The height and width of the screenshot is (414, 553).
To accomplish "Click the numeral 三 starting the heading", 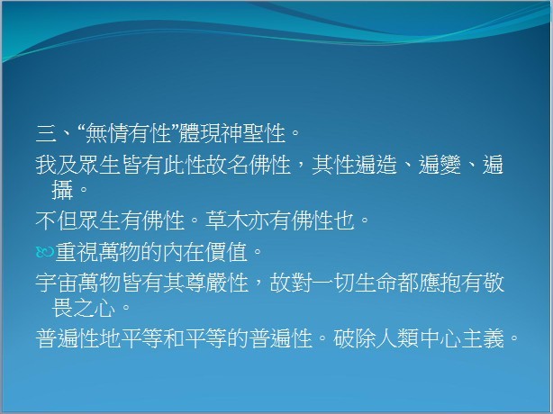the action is point(46,133).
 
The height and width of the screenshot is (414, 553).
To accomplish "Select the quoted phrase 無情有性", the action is point(129,133).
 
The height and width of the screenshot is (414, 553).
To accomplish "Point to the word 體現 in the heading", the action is point(200,133).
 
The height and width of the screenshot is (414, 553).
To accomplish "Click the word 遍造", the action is point(376,165).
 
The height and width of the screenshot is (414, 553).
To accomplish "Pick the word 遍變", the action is point(440,165).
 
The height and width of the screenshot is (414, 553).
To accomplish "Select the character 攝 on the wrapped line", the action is point(62,190).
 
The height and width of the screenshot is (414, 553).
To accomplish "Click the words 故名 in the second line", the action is point(227,165).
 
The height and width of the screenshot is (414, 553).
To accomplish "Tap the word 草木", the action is point(227,220).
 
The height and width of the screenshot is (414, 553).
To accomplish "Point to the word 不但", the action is point(57,220).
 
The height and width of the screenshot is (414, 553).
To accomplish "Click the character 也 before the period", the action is point(344,220).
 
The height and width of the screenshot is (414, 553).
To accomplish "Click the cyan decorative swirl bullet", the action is point(45,252).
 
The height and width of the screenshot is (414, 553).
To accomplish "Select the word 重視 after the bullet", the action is point(77,252).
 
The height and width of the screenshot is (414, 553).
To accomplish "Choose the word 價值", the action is point(226,252).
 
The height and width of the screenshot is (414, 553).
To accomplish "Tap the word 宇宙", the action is point(57,283).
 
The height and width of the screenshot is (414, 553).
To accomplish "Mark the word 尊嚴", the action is point(205,283).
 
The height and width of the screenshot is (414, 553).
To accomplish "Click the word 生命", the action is point(376,283).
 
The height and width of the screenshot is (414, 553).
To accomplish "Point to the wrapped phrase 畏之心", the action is point(84,308).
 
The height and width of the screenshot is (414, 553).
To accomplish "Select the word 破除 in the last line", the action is point(355,338).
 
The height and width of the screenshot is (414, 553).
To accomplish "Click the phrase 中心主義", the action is point(461,338).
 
